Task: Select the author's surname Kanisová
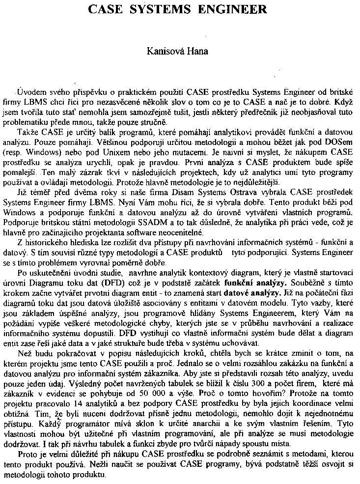[166, 51]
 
